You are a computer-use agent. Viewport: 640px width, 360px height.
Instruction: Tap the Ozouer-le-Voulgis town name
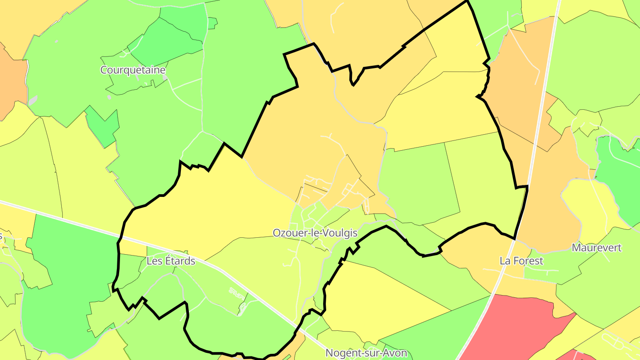pos(315,233)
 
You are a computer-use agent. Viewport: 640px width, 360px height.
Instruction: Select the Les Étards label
pos(171,261)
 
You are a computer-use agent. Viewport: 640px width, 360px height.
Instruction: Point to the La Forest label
pos(521,261)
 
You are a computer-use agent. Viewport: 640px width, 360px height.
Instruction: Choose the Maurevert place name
pos(596,248)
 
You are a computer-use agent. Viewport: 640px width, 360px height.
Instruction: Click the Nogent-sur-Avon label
pos(366,353)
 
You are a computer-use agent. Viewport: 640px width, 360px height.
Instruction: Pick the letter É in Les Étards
pos(167,261)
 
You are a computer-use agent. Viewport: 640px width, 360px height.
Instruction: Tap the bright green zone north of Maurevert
pos(618,178)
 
